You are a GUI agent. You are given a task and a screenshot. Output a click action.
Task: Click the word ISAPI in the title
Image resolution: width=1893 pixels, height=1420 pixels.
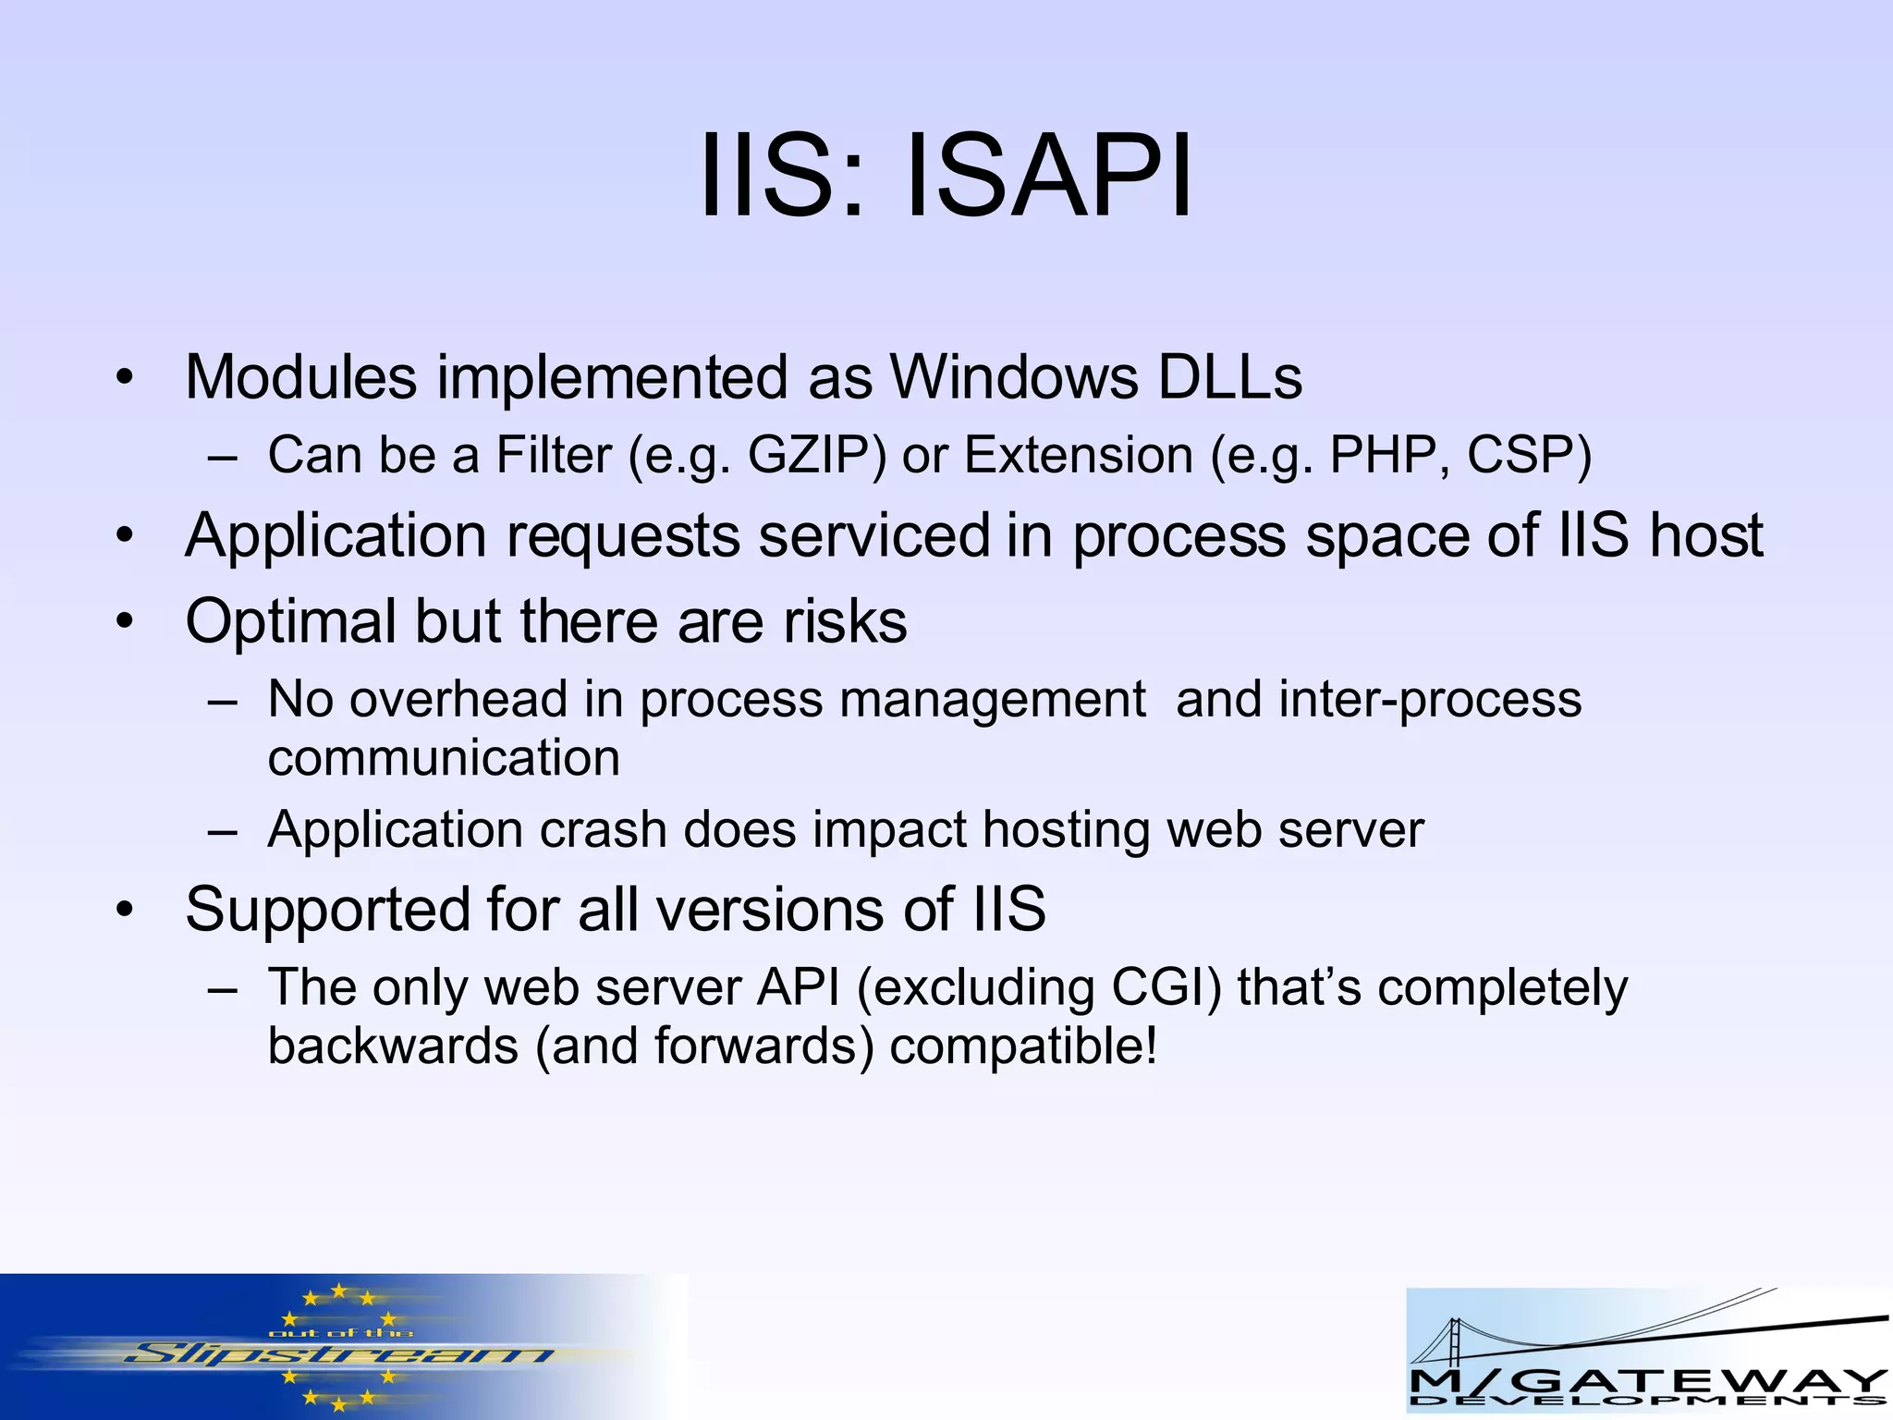tap(1049, 176)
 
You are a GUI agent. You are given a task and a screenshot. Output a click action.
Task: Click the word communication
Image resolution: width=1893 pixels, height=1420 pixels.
tap(444, 758)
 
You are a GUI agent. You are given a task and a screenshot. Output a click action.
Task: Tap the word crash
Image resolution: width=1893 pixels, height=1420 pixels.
tap(603, 829)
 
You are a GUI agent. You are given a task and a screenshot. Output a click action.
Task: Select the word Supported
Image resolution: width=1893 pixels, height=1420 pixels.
tap(327, 909)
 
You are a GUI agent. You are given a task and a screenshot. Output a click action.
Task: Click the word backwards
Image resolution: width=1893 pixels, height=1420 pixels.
tap(393, 1047)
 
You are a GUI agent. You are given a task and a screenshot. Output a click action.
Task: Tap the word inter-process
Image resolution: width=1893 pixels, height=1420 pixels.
tap(1430, 699)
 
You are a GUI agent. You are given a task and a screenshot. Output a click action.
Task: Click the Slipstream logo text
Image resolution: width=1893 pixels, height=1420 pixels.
tap(337, 1355)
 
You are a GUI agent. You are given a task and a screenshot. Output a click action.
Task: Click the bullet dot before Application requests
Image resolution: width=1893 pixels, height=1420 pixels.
tap(125, 536)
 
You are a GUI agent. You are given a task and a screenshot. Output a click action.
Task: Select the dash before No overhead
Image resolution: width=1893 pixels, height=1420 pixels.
tap(223, 700)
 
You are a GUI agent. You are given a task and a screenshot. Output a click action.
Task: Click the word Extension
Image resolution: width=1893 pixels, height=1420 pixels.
tap(1078, 455)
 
